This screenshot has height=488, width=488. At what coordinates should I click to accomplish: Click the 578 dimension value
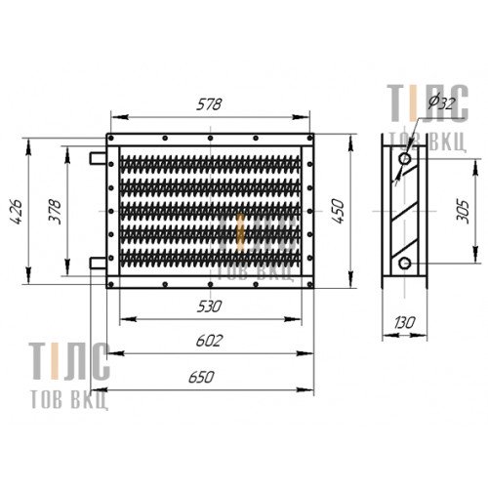point(209,104)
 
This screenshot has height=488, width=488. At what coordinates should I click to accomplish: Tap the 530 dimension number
point(209,306)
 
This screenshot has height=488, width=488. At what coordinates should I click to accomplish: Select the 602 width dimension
point(209,341)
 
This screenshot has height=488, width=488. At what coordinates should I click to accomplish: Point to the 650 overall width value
point(201,377)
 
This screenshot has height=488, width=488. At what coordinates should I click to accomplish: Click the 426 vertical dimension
point(16,212)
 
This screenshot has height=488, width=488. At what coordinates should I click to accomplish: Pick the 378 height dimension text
point(55,211)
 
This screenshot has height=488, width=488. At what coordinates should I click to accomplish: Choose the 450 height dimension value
point(339,211)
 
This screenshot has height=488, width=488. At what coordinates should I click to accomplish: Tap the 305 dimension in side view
point(463,212)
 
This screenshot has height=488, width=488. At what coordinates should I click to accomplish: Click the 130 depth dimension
point(405,323)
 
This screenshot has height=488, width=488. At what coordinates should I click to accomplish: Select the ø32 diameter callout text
point(441,102)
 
